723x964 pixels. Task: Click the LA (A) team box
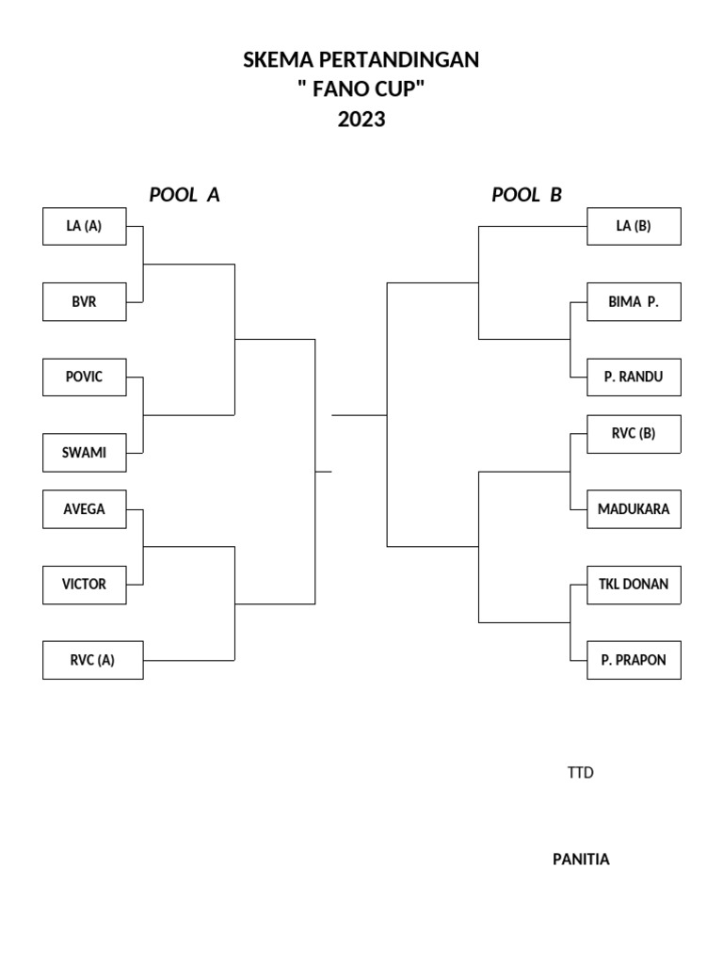[x=85, y=226]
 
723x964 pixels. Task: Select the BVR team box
[x=85, y=302]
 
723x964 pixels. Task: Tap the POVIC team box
[x=85, y=377]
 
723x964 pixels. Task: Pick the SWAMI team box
[x=85, y=452]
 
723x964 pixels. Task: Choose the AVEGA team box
[x=85, y=509]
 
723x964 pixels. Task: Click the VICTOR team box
[x=85, y=584]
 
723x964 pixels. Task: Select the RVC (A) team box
[x=92, y=660]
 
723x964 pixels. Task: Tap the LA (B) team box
[x=634, y=226]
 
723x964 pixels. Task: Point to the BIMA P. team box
[x=634, y=302]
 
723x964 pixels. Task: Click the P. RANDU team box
[x=634, y=377]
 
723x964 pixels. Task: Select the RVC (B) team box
[x=634, y=434]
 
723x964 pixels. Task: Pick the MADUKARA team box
[x=634, y=509]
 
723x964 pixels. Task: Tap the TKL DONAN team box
[x=634, y=584]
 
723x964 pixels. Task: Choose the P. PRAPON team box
[x=634, y=660]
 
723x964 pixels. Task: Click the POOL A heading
[x=185, y=195]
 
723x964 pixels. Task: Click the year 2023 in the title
[x=361, y=120]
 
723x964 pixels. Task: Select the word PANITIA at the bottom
[x=581, y=859]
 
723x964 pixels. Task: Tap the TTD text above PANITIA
[x=580, y=773]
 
